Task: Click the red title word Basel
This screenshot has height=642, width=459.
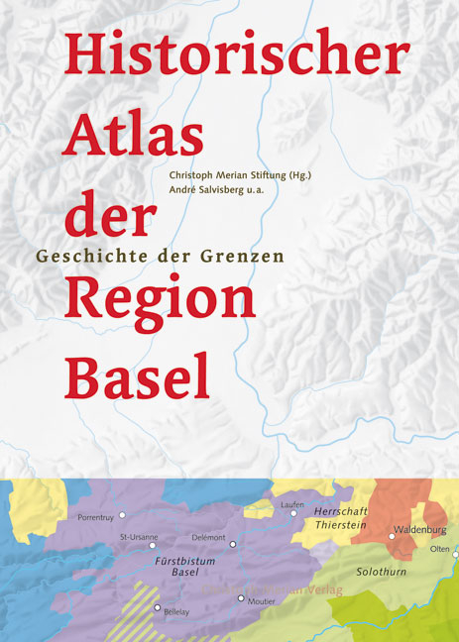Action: click(138, 374)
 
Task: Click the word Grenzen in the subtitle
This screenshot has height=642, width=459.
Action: click(245, 254)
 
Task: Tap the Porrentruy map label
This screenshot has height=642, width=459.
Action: click(97, 517)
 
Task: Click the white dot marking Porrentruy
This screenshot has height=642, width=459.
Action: click(123, 515)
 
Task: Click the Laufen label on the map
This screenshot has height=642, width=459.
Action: click(291, 505)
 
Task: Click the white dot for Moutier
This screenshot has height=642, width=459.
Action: click(240, 597)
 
